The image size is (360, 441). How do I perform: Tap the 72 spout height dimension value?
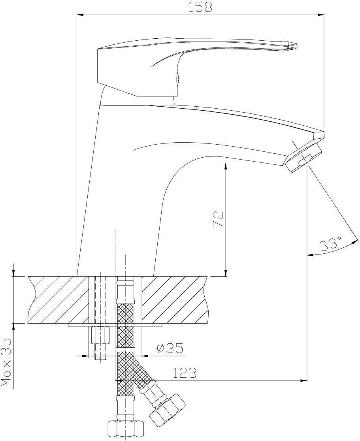click(x=218, y=219)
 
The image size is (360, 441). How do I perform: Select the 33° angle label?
click(x=331, y=244)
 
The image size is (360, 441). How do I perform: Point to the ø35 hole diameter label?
click(x=170, y=348)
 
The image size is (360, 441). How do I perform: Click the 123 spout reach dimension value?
click(x=184, y=373)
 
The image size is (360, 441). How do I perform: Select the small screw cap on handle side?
click(x=177, y=79)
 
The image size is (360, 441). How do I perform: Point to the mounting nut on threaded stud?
click(x=100, y=335)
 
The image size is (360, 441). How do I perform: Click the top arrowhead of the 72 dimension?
click(x=226, y=166)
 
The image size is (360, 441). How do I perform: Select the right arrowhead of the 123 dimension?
click(x=303, y=381)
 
